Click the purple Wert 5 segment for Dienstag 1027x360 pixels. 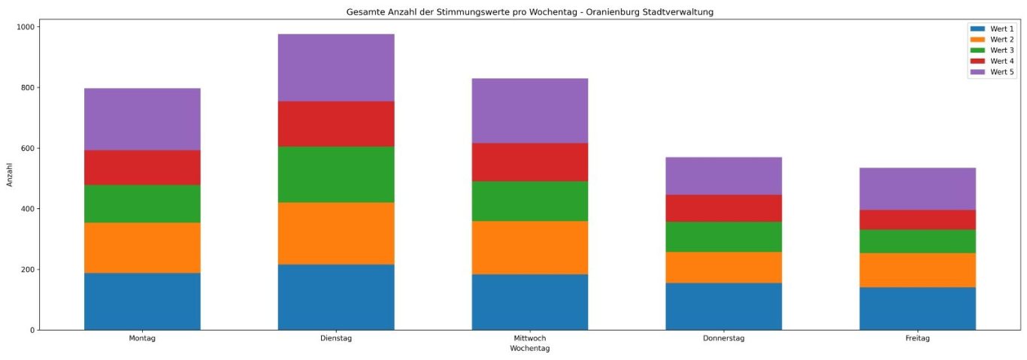pos(336,68)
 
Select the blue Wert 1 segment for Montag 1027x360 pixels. pos(142,301)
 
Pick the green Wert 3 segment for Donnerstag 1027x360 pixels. pos(724,237)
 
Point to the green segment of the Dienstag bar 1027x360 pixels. pos(336,174)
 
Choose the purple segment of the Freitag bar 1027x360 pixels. pos(917,189)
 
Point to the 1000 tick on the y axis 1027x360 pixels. pos(27,27)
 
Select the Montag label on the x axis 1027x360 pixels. pos(142,339)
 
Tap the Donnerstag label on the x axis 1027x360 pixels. pos(724,339)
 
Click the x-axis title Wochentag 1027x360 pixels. pos(530,349)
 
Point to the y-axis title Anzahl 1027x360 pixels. pos(10,174)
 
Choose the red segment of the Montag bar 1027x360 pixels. pos(142,168)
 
